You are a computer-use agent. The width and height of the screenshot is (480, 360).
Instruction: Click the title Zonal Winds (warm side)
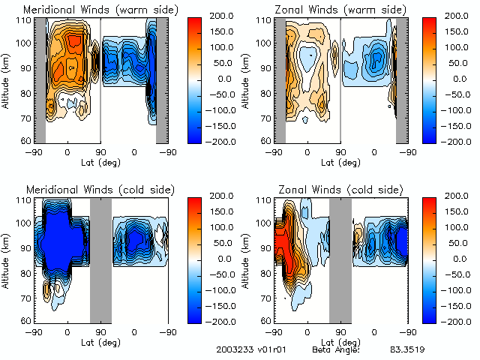click(x=331, y=10)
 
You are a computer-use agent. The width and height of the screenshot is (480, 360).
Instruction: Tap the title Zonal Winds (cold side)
click(x=330, y=188)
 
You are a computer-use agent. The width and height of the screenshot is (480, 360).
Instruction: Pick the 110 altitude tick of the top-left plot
click(x=26, y=20)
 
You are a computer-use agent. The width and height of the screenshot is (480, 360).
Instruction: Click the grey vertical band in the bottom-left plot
click(x=100, y=259)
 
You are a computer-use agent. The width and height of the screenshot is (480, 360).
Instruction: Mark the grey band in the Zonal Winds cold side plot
click(x=340, y=259)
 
